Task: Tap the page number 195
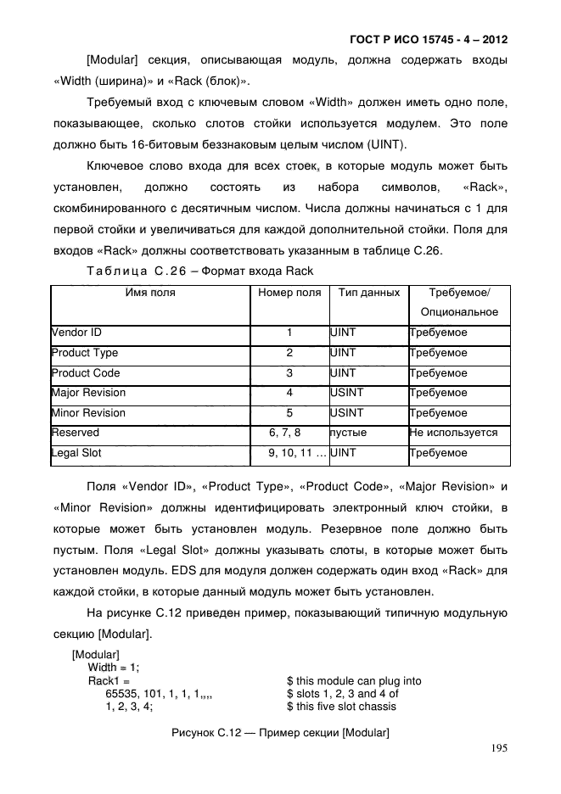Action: [x=499, y=748]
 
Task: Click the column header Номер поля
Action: [x=289, y=292]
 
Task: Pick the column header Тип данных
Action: [x=368, y=292]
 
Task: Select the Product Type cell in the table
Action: [x=85, y=353]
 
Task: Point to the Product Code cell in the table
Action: [x=86, y=373]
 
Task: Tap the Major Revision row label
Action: [x=88, y=393]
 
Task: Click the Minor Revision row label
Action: [x=88, y=413]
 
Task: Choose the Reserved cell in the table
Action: [x=76, y=433]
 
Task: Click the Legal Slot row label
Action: [x=76, y=453]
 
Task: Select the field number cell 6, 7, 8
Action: [x=289, y=433]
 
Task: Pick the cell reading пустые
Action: [x=348, y=433]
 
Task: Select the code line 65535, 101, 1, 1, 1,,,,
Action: [x=158, y=693]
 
